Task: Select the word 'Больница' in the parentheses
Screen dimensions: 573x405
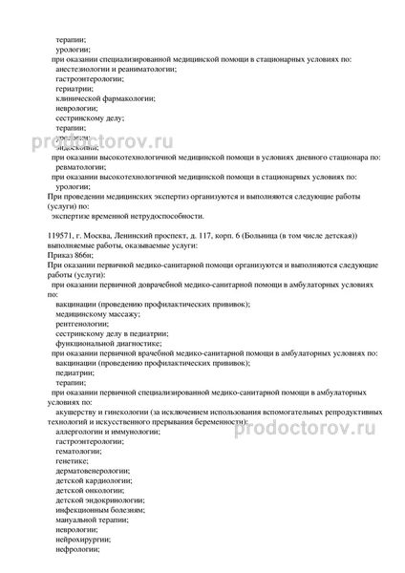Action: pyautogui.click(x=262, y=234)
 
